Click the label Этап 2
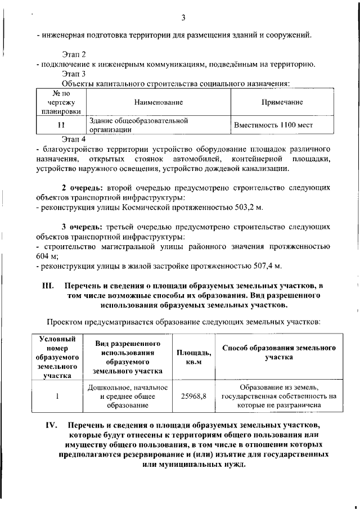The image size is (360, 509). (74, 55)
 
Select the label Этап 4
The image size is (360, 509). (74, 138)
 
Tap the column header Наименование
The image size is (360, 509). (159, 102)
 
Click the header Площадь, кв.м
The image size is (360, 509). (194, 357)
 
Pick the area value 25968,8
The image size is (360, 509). (193, 396)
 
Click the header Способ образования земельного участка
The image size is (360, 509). (279, 352)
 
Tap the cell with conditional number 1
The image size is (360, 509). (57, 396)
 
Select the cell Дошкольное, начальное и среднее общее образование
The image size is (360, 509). (128, 396)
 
